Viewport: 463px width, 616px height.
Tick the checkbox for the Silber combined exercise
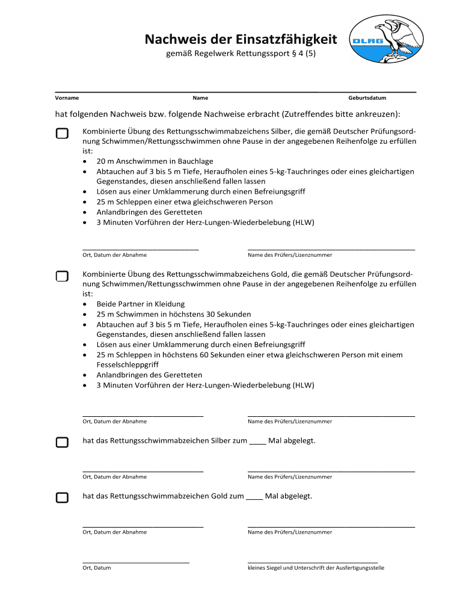click(62, 134)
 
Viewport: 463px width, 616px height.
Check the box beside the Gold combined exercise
click(62, 276)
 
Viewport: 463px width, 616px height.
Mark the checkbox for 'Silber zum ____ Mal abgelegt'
click(62, 443)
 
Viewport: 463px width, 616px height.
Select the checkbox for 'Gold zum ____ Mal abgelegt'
click(62, 497)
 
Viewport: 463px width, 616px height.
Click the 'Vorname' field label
click(67, 97)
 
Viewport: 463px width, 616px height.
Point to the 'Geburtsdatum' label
click(367, 97)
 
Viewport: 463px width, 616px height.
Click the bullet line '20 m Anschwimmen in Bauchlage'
click(155, 161)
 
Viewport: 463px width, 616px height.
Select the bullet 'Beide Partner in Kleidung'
click(140, 304)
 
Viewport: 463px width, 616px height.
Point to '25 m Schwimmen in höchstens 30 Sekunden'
click(174, 314)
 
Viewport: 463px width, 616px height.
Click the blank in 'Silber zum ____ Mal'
click(257, 441)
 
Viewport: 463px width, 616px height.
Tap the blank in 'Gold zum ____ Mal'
click(254, 496)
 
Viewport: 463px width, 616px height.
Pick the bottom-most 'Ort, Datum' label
click(96, 567)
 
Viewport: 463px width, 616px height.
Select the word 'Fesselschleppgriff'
click(126, 365)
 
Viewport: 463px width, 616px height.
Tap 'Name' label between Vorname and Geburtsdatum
click(200, 97)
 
